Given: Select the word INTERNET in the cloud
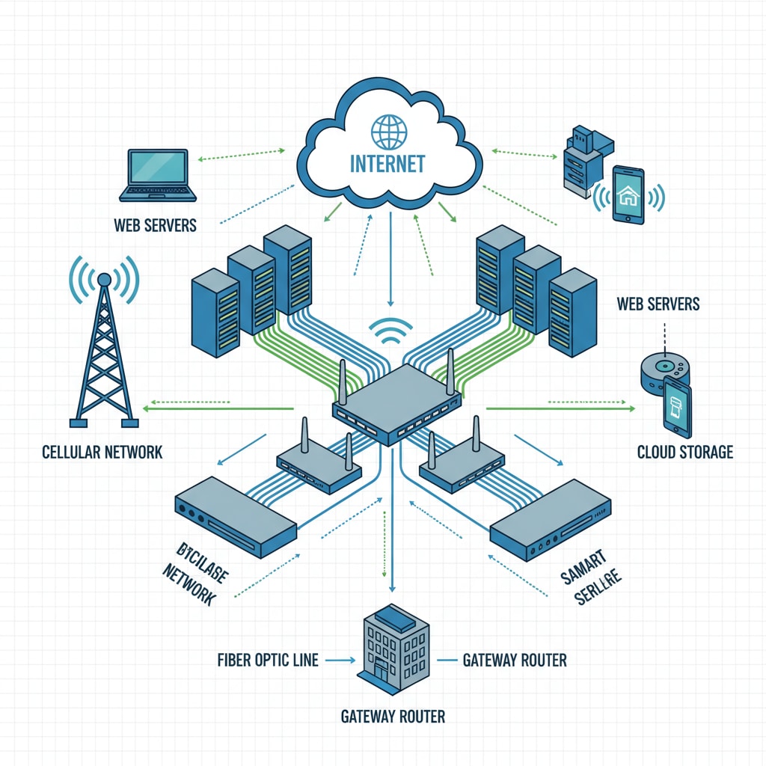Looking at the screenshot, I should coord(387,163).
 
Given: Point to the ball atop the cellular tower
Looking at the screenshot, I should coord(104,279).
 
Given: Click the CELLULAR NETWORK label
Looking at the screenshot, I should coord(102,452).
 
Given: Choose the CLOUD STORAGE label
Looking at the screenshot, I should coord(684,452).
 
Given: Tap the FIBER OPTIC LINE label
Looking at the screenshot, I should coord(268,660).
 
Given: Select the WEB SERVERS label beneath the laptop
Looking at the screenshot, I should coord(156,224).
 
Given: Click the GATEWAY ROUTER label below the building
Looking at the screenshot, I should coord(393,717).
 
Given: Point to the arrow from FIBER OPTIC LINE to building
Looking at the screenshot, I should coord(340,660).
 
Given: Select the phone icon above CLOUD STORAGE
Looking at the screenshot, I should coord(677,407).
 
